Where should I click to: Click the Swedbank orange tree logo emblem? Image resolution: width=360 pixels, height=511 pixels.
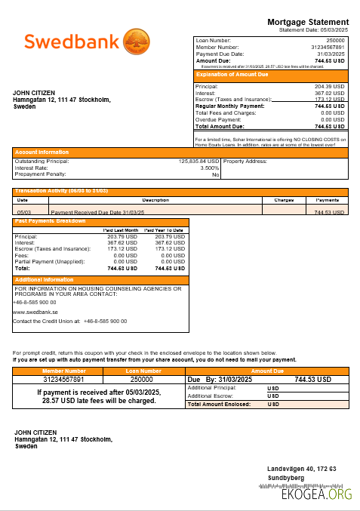pos(137,41)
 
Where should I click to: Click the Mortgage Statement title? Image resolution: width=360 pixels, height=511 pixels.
pos(308,22)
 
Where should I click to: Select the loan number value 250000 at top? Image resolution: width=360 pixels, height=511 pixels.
pos(335,40)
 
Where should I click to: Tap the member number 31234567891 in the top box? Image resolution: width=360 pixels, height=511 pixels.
pos(328,47)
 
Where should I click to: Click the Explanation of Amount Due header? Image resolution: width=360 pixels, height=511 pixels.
pos(232,75)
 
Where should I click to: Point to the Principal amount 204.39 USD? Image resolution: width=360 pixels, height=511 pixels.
pos(329,86)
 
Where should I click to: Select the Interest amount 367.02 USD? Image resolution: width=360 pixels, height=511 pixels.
pos(329,93)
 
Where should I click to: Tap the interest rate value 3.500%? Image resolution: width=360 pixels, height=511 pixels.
pos(209,168)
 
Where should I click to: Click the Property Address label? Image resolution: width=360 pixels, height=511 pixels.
pos(245,162)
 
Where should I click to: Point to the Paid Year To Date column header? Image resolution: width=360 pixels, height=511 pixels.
pos(164,229)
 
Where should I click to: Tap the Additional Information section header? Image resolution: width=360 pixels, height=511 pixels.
pos(45,279)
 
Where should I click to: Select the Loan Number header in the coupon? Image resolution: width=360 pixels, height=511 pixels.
pos(142,371)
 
